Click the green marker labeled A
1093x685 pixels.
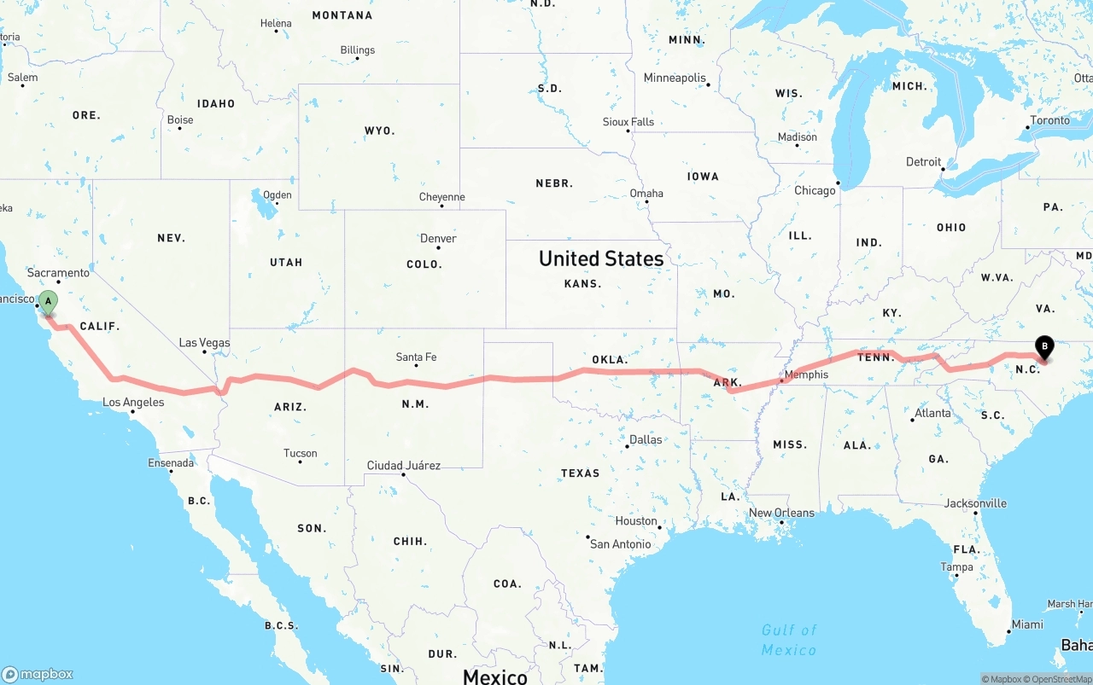49,302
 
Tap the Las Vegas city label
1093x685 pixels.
204,343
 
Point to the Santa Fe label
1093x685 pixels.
416,357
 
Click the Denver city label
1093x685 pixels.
438,238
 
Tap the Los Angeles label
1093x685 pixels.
133,403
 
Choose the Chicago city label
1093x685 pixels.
815,190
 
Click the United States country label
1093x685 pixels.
601,258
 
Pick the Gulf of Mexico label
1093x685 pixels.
789,640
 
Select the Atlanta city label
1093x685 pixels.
932,413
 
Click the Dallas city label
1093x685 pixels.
646,440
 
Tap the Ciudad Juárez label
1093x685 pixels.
403,466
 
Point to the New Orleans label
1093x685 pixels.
781,513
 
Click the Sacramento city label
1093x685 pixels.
58,273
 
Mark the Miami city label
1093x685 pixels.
1027,624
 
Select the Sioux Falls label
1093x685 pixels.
628,122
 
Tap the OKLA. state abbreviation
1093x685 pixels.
610,359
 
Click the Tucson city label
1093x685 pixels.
300,454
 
